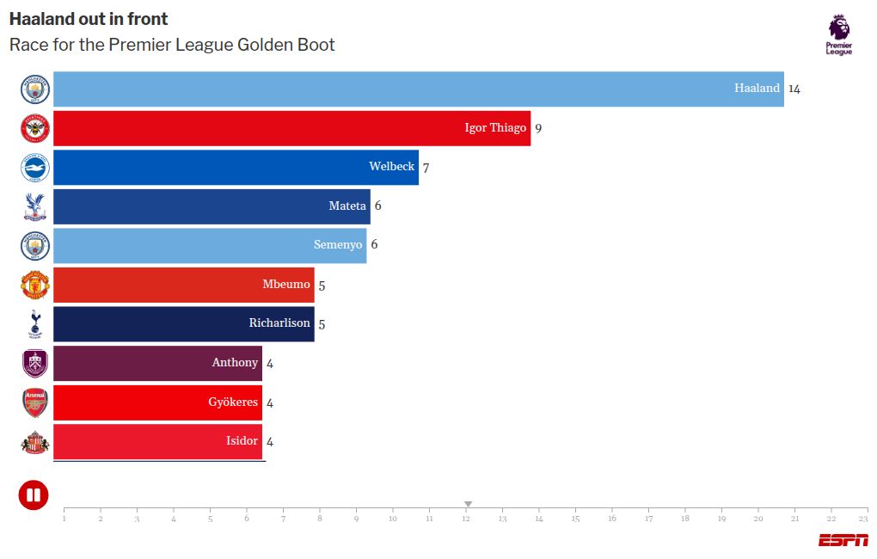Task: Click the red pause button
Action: point(34,494)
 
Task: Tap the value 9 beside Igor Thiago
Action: point(538,128)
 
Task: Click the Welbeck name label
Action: point(391,167)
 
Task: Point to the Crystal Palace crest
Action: point(35,206)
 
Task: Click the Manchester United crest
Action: point(35,285)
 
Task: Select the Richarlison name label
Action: point(279,323)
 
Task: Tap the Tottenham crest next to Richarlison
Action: point(35,324)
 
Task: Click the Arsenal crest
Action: point(35,402)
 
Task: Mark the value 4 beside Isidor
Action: point(270,442)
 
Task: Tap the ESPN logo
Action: point(843,540)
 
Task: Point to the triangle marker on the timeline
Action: point(468,504)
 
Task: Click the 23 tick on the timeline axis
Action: point(863,519)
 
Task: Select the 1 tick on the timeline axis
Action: point(64,519)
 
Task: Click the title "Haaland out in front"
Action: point(89,19)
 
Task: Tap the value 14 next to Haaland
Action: point(794,89)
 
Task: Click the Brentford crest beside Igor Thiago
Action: point(35,128)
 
